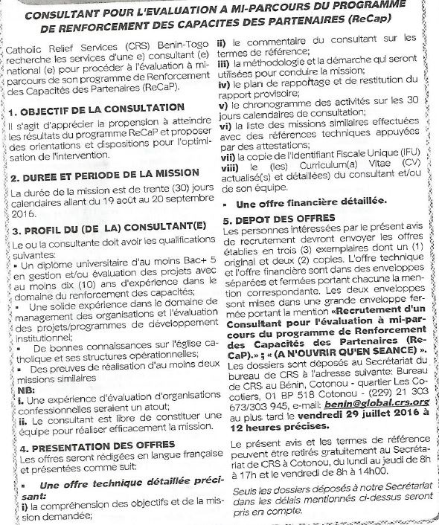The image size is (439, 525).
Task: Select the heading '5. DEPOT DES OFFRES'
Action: point(280,220)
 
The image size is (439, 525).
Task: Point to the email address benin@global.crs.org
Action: point(381,402)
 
